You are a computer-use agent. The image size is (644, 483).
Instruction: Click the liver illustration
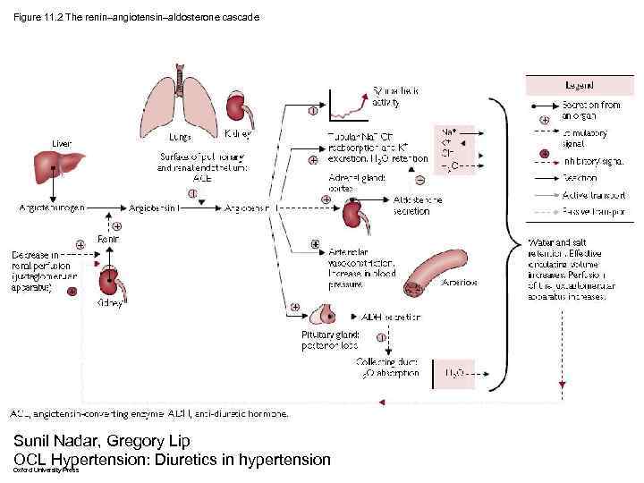(x=55, y=168)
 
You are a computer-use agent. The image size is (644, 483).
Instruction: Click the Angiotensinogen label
(x=52, y=207)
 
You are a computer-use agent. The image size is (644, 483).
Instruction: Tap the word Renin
(x=107, y=239)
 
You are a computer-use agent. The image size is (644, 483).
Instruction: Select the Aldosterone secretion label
(x=418, y=205)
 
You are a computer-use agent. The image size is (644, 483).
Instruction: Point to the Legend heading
(x=577, y=85)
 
